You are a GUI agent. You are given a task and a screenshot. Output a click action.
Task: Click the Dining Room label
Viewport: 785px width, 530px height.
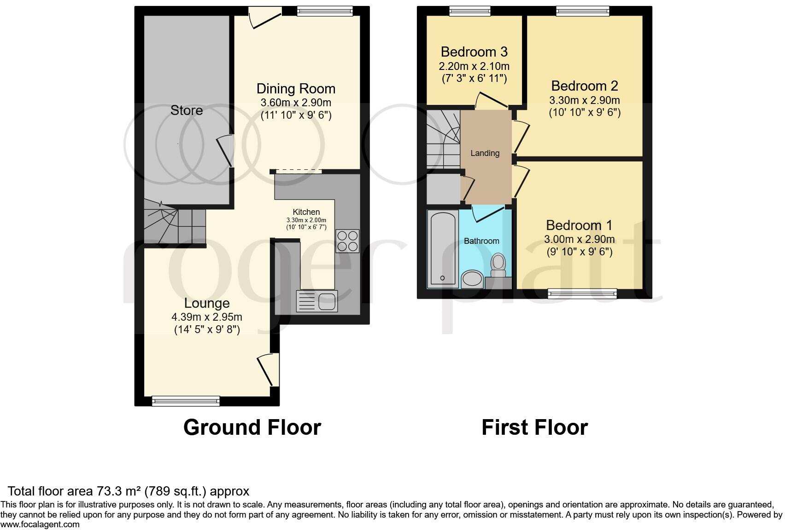296,89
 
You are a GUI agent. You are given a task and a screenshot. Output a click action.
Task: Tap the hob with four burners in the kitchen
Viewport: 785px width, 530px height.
347,241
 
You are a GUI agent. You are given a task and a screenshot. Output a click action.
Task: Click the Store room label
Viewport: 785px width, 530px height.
186,110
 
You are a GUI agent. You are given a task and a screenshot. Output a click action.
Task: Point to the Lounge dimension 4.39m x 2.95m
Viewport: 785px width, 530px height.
207,317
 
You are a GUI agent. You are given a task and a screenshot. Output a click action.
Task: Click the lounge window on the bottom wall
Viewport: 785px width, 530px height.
186,401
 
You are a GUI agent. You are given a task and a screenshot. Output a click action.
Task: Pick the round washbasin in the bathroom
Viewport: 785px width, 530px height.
472,279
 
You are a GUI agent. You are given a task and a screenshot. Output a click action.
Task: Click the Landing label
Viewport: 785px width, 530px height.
485,153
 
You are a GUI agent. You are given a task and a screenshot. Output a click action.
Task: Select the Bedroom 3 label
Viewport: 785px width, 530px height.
474,52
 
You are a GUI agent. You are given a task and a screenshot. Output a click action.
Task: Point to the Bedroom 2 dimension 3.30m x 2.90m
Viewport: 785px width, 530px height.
584,100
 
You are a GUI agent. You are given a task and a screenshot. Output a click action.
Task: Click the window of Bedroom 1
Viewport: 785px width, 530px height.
582,294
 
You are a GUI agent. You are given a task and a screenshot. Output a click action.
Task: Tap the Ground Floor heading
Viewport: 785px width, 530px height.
252,427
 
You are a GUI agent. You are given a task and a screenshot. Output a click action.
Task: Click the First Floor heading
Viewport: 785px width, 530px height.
534,427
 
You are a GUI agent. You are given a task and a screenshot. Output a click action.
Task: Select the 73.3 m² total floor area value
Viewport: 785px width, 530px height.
119,491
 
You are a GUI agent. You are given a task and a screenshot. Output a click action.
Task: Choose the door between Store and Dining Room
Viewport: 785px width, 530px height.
226,151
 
